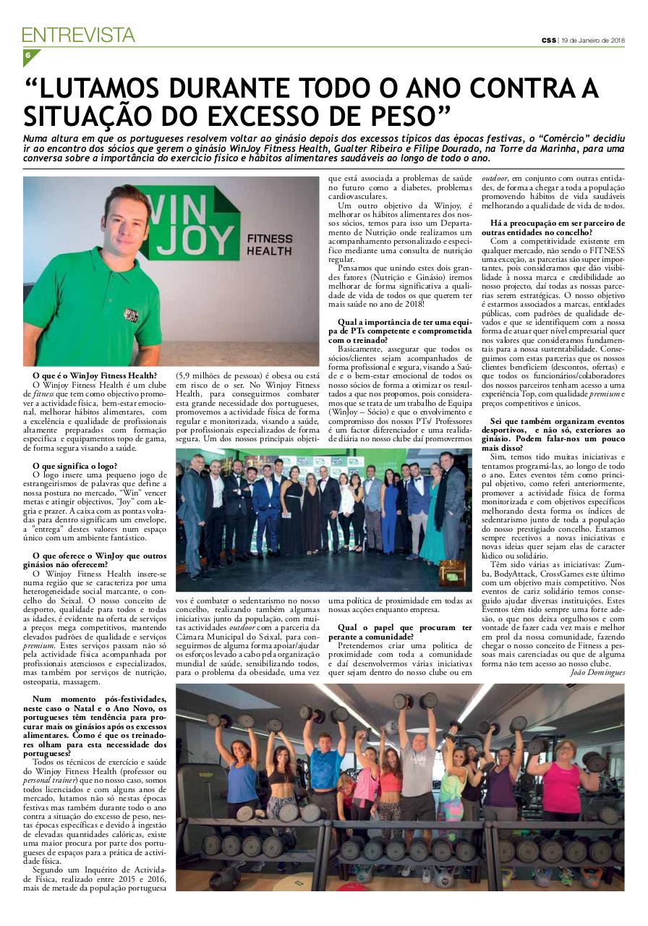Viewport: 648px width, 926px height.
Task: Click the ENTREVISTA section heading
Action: (x=78, y=35)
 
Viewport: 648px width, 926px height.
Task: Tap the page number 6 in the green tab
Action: (x=27, y=56)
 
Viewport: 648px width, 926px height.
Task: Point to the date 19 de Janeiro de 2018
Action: (x=592, y=41)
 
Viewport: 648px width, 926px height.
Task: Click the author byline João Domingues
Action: (x=597, y=672)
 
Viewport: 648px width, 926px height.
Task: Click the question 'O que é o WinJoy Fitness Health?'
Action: (x=94, y=375)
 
